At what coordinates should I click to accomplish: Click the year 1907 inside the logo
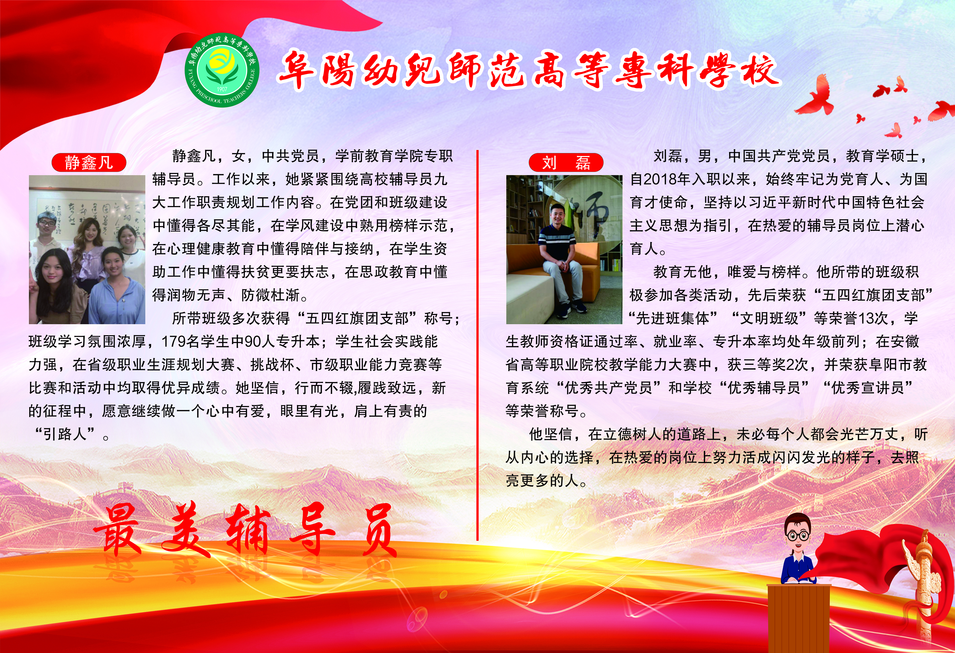[x=222, y=89]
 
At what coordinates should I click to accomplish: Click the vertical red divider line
[x=478, y=345]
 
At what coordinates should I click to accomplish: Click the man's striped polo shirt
[x=557, y=243]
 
